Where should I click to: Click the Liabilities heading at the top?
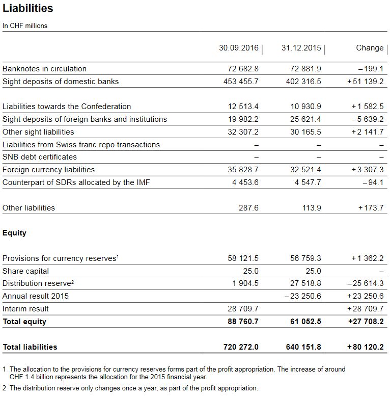point(27,9)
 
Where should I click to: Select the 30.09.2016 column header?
point(239,48)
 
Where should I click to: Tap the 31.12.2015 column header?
point(301,48)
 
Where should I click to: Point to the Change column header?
point(370,48)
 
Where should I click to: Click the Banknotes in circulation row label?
point(44,69)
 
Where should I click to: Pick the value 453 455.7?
point(241,82)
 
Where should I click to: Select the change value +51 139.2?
point(365,82)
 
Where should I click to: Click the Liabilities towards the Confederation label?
point(67,107)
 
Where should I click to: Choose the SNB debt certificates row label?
point(40,157)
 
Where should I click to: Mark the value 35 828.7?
point(243,170)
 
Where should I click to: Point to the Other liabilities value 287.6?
point(249,208)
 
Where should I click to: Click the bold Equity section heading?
point(14,233)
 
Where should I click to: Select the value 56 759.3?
point(305,258)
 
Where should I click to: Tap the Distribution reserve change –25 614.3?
point(365,283)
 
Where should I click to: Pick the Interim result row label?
point(25,309)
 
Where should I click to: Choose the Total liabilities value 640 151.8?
point(303,347)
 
